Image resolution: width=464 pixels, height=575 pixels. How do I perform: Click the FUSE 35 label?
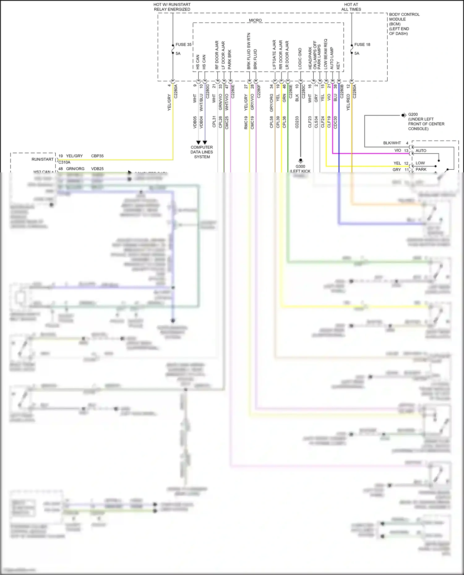(x=183, y=44)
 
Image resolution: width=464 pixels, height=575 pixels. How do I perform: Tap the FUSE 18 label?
(x=362, y=44)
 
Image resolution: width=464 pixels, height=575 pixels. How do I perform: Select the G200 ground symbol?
(x=404, y=115)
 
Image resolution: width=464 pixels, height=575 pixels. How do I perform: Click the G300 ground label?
(x=300, y=166)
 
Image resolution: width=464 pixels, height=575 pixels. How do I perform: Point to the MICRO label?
(x=255, y=20)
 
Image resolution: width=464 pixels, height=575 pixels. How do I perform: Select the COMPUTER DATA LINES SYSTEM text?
(x=202, y=152)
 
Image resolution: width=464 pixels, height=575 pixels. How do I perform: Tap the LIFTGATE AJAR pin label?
(x=274, y=54)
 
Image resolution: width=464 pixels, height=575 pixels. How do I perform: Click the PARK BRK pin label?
(x=230, y=59)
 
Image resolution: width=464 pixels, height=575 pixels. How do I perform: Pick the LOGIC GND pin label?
(x=300, y=58)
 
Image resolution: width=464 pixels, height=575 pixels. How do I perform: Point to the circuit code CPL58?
(x=271, y=122)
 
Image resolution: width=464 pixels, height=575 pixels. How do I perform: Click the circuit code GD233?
(x=297, y=122)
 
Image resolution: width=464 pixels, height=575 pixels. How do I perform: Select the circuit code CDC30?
(x=335, y=122)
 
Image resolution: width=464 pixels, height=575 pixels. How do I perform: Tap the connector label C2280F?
(x=259, y=91)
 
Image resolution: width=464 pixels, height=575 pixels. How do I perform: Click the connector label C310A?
(x=64, y=162)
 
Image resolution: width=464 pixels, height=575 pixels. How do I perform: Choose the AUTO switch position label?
(x=421, y=151)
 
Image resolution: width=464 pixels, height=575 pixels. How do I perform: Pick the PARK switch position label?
(x=421, y=169)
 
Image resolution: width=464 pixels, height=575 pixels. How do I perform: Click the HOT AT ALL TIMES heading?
(x=351, y=7)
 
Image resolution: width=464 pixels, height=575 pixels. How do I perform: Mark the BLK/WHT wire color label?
(x=392, y=143)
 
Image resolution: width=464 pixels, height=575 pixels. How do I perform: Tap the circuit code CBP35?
(x=97, y=156)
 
